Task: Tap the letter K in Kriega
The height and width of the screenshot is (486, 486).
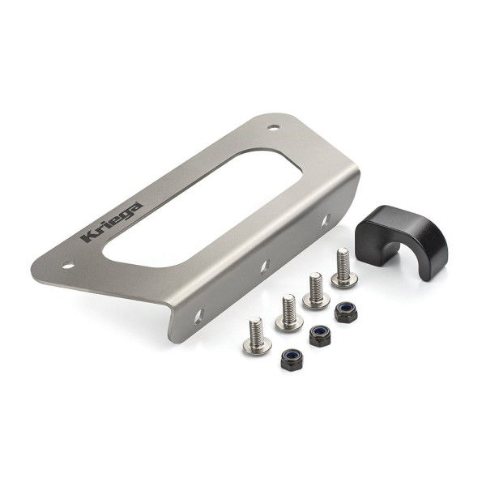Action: point(87,239)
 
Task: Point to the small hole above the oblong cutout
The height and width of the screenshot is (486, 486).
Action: point(275,127)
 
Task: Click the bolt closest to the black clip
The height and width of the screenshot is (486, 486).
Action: point(343,269)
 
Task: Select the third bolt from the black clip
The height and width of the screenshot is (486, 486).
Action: point(287,313)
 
